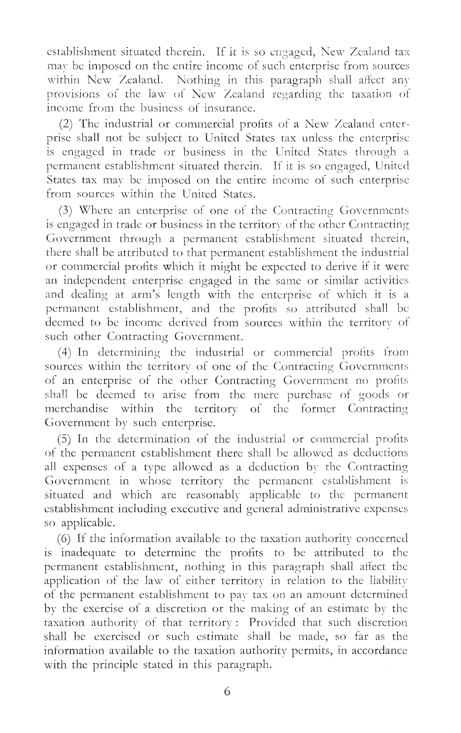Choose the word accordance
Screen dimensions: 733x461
point(379,650)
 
